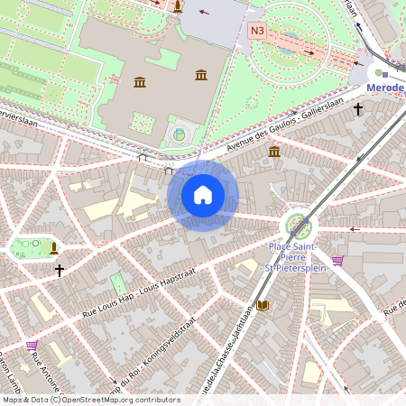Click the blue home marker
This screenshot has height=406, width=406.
click(x=203, y=195)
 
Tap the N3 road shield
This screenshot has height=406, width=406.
click(x=258, y=31)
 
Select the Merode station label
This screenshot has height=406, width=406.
click(x=386, y=88)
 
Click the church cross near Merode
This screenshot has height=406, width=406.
click(x=358, y=109)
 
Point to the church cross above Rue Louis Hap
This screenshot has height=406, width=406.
click(x=60, y=270)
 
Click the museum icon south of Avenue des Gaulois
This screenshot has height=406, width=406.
click(x=274, y=152)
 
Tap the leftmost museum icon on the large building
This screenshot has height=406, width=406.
click(x=140, y=83)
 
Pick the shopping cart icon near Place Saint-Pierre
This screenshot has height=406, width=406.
click(x=337, y=261)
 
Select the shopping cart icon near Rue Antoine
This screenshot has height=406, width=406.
click(x=32, y=345)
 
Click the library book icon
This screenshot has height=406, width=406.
click(x=263, y=306)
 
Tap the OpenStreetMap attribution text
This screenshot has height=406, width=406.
click(x=90, y=400)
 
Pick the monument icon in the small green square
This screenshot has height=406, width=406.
click(x=54, y=246)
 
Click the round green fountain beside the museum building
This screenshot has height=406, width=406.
click(x=179, y=135)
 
